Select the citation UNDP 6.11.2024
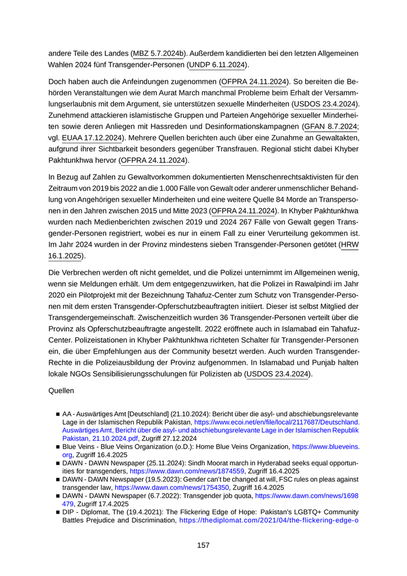(218, 65)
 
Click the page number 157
(203, 545)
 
